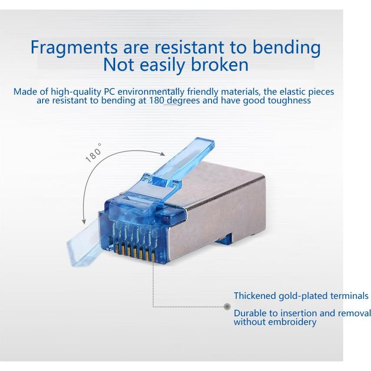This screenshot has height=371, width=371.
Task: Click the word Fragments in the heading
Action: (73, 48)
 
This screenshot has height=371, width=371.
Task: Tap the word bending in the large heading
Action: (287, 48)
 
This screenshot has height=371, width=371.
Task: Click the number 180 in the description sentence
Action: (156, 100)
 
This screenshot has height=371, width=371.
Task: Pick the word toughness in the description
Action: (289, 101)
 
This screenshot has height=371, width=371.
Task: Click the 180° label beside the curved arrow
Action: (94, 153)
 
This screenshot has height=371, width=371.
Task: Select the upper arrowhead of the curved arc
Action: (162, 154)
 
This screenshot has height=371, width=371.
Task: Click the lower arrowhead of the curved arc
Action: (84, 221)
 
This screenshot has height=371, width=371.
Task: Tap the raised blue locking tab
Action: (180, 161)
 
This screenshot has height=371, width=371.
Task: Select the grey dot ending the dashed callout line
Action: (227, 307)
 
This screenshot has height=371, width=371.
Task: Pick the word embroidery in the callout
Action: (292, 322)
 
